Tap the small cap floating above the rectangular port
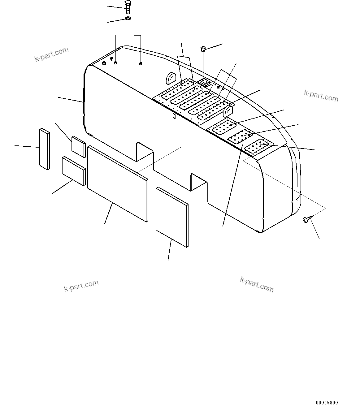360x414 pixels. [x=203, y=49]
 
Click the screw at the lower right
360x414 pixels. [x=306, y=219]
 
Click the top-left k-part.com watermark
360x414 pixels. [x=51, y=54]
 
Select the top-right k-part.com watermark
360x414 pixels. [x=321, y=96]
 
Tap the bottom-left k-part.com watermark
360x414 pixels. [x=81, y=286]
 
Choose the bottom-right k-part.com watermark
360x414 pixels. [x=257, y=284]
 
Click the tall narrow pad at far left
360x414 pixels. [x=44, y=149]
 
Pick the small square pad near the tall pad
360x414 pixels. [x=78, y=146]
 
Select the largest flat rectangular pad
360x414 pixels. [x=117, y=183]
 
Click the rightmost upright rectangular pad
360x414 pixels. [x=172, y=217]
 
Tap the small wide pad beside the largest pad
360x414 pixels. [x=74, y=171]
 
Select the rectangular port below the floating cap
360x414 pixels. [x=205, y=82]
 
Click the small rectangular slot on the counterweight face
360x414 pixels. [x=174, y=116]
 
